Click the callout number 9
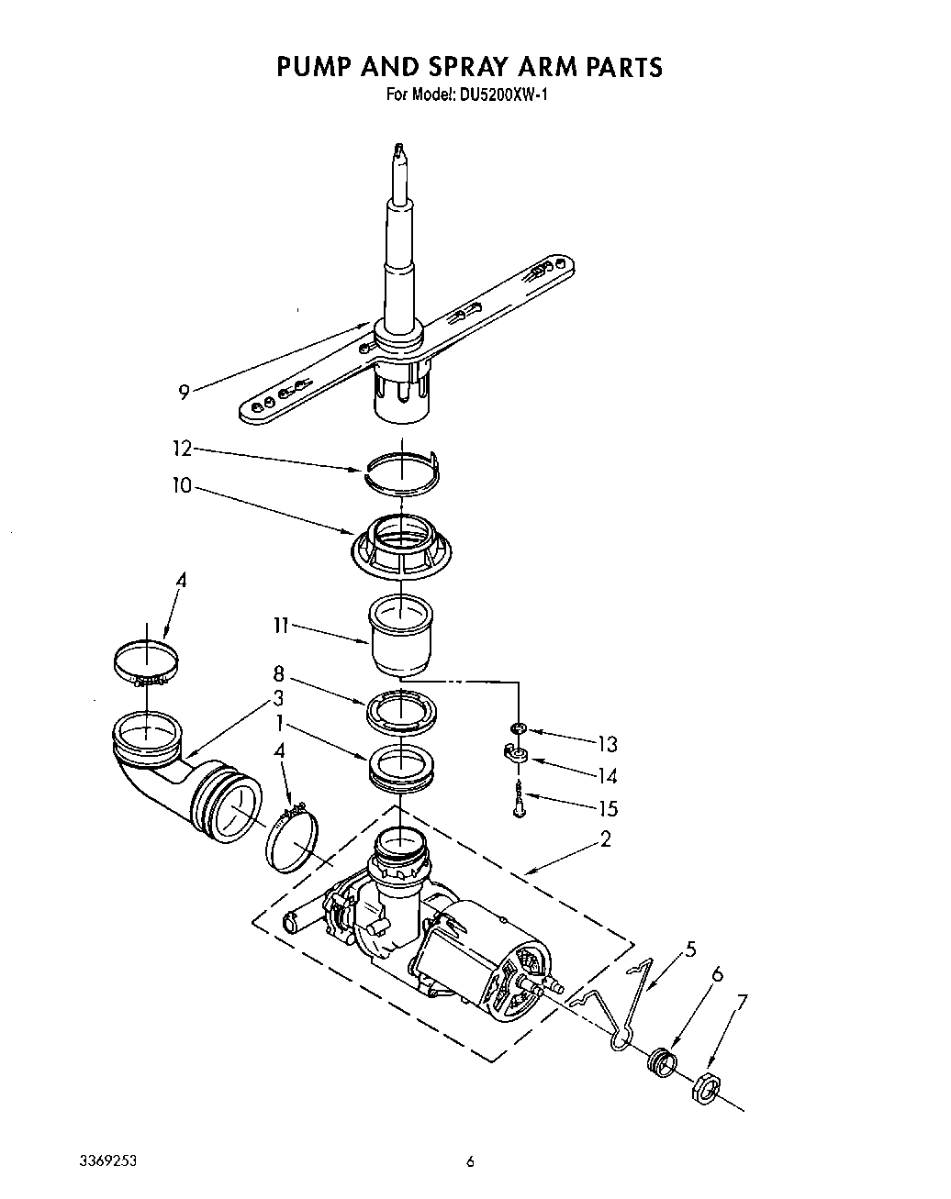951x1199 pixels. click(x=184, y=393)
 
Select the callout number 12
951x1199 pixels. click(x=182, y=449)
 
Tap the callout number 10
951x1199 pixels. click(x=181, y=485)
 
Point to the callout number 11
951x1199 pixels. click(x=280, y=626)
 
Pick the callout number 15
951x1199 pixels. click(x=607, y=809)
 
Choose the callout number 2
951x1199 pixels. click(x=605, y=838)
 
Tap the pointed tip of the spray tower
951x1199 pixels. click(x=397, y=148)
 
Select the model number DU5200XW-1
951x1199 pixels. click(x=503, y=94)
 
